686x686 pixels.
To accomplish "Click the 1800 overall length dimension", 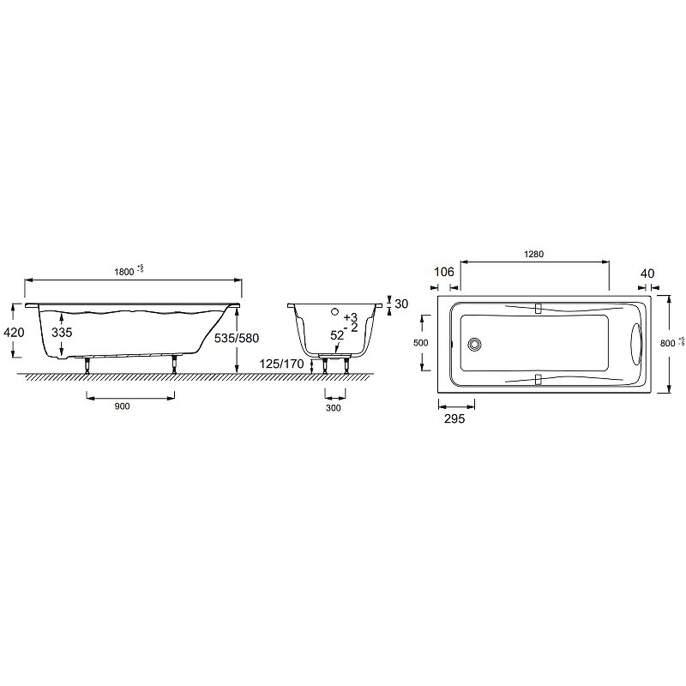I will pos(124,271).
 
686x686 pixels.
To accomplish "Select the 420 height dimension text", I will pos(15,332).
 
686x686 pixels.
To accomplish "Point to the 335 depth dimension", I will pos(61,332).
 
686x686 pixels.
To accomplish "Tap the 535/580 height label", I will pos(236,338).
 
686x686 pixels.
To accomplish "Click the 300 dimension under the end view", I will pos(334,408).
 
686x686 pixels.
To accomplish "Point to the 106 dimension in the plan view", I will pos(442,273).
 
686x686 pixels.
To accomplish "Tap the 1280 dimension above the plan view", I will pos(535,255).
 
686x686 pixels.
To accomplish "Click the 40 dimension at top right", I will pos(647,274).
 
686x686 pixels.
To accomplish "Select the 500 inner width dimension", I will pos(420,342).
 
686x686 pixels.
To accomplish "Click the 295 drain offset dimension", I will pos(454,420).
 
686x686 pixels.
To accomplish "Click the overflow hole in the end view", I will pos(335,313).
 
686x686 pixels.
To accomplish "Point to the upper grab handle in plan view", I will pos(539,308).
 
